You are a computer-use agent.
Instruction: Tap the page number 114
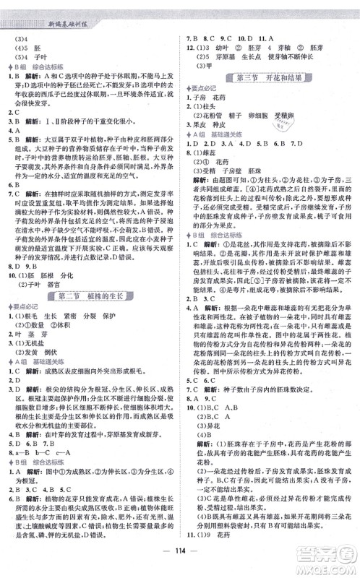(180, 564)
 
